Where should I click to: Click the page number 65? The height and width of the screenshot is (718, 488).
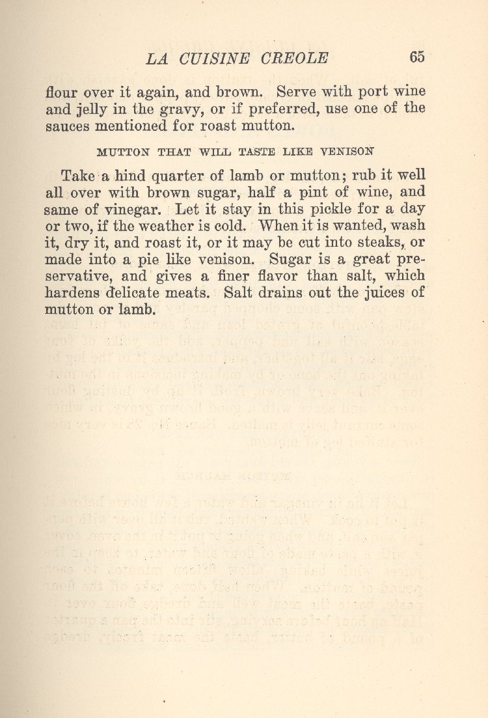[417, 57]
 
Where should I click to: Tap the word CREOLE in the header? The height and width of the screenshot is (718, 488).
[294, 58]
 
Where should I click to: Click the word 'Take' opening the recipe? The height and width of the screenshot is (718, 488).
[78, 176]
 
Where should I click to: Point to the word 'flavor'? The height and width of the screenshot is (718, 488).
[272, 276]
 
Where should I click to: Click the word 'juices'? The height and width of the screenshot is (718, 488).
[379, 292]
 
